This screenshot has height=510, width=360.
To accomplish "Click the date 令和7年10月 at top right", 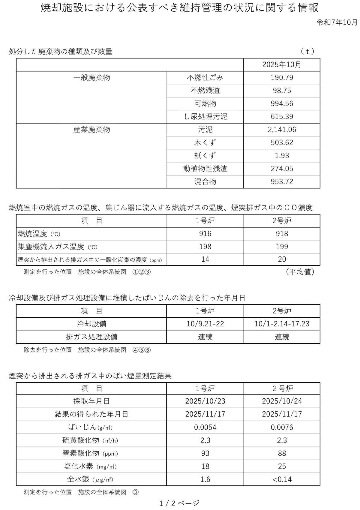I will pos(337,22).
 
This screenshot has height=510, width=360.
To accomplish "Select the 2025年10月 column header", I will pos(281,64).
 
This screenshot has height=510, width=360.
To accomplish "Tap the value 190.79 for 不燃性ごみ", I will pos(282,78).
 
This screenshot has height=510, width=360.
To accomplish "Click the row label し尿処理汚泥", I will pos(205,116).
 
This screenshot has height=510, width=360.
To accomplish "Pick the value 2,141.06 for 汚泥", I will pos(282,130).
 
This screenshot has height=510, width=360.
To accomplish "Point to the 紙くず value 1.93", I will pos(282,155).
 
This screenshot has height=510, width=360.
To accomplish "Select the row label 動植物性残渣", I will pos(205,169).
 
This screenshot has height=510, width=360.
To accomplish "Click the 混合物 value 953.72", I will pos(282,181).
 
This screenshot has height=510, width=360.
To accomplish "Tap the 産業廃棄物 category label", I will pos(91,130).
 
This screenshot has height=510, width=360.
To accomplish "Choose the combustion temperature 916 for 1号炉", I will pos(205,234).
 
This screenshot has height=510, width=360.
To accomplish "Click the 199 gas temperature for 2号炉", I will pos(282,247).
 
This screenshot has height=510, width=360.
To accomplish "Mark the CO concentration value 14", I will pos(205,259).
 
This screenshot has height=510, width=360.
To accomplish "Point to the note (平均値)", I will pos(300,272).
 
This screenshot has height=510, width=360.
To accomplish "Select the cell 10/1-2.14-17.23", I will pos(282,324).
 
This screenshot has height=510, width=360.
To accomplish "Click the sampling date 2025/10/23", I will pos(205,401).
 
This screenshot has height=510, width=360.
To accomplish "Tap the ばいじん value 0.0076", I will pos(282,427).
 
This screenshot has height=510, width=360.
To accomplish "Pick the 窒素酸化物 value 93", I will pos(205,453).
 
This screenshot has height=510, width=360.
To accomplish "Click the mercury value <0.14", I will pos(282,479).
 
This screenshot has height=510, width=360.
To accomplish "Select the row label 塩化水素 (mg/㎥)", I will pos(90,466).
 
